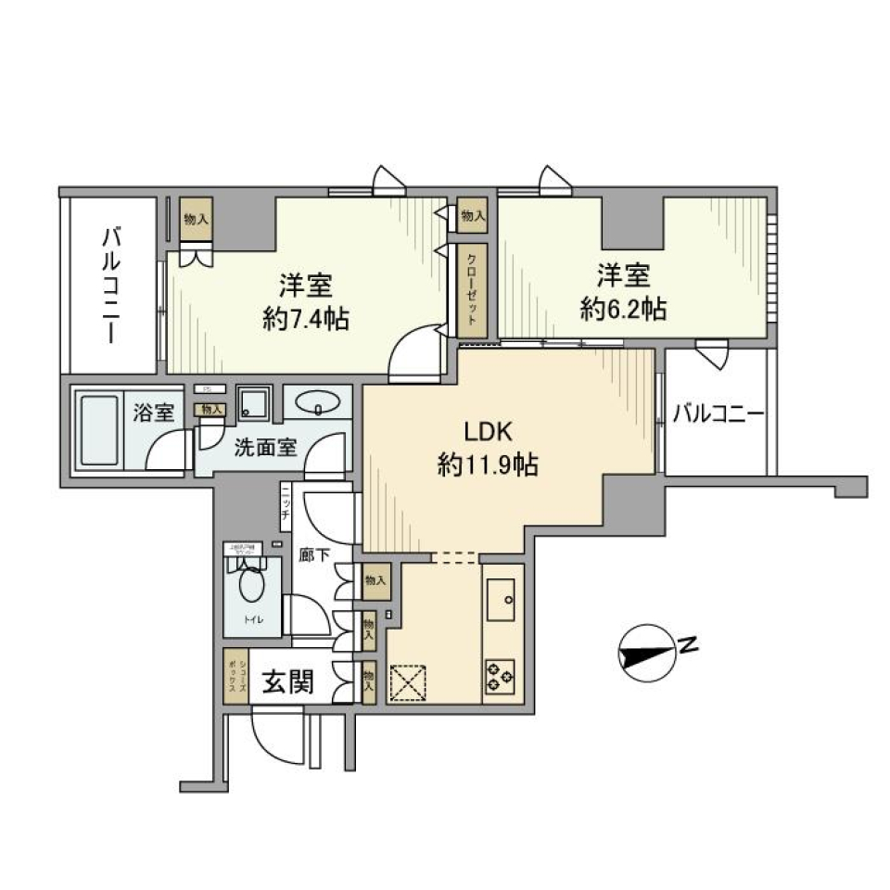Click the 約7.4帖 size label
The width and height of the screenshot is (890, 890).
[306, 321]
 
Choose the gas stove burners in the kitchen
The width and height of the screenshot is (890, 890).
[502, 675]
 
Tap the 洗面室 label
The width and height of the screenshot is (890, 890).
[264, 447]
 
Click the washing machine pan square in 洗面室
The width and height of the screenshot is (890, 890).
[252, 401]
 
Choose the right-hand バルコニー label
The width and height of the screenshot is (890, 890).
[718, 414]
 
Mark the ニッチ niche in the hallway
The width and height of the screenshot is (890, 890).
[286, 508]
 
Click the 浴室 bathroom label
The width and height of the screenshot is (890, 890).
[153, 413]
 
